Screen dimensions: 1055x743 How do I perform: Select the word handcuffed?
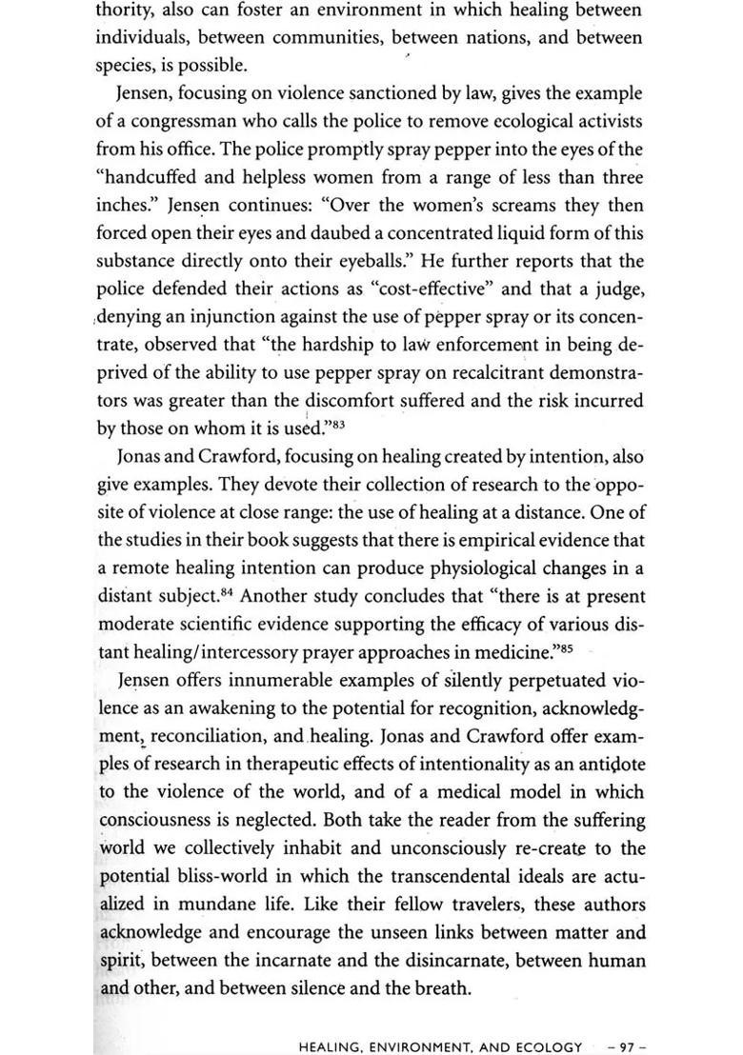(x=149, y=178)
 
